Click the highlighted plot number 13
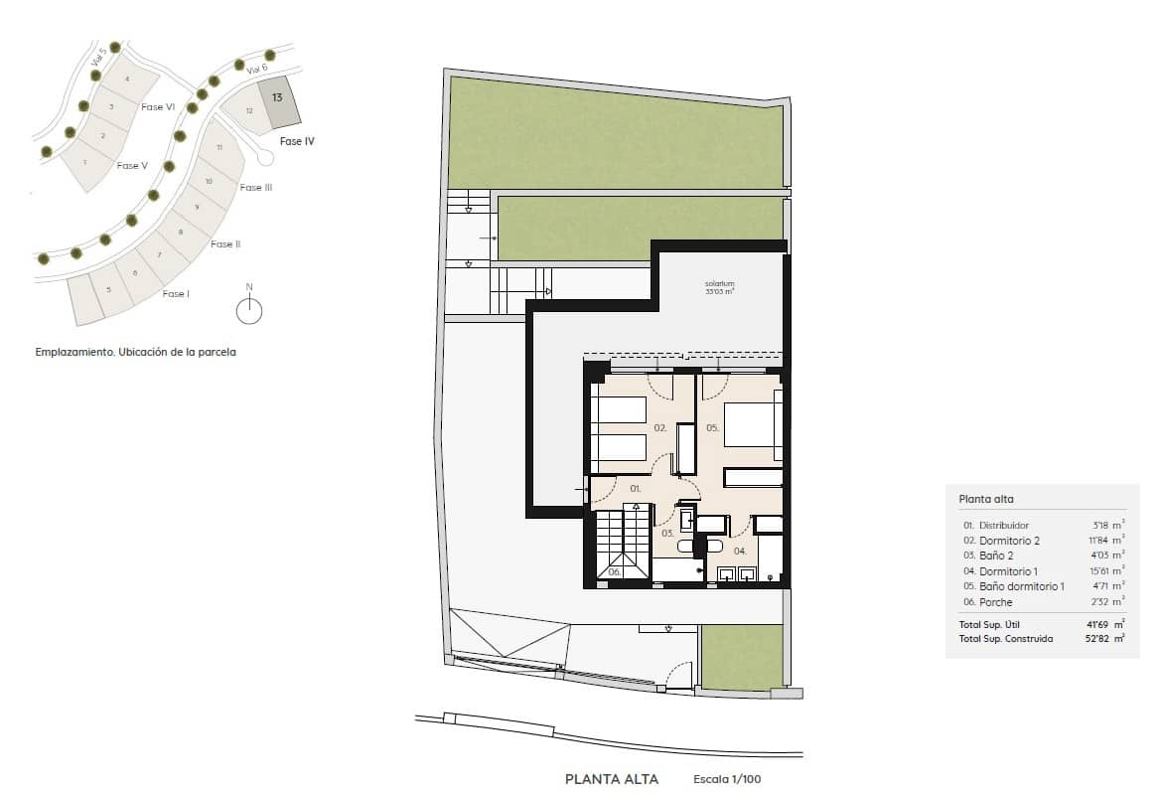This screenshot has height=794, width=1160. [277, 97]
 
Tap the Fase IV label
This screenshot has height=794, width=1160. [297, 142]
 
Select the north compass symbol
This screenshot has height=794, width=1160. [249, 310]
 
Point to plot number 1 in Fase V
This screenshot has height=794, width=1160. [85, 162]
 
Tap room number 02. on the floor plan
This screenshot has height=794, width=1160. [659, 428]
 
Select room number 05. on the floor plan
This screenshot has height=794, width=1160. [712, 428]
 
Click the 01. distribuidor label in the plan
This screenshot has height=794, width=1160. [636, 489]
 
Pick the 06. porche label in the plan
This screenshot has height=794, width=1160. [614, 571]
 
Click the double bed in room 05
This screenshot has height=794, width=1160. [750, 424]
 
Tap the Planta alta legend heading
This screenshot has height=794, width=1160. [985, 500]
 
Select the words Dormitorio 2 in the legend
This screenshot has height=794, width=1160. [1009, 541]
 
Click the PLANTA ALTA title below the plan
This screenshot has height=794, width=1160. [611, 780]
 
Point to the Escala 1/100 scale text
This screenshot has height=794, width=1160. [727, 780]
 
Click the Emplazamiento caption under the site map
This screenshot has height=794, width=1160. [135, 352]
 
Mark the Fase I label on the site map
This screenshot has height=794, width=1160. [175, 293]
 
